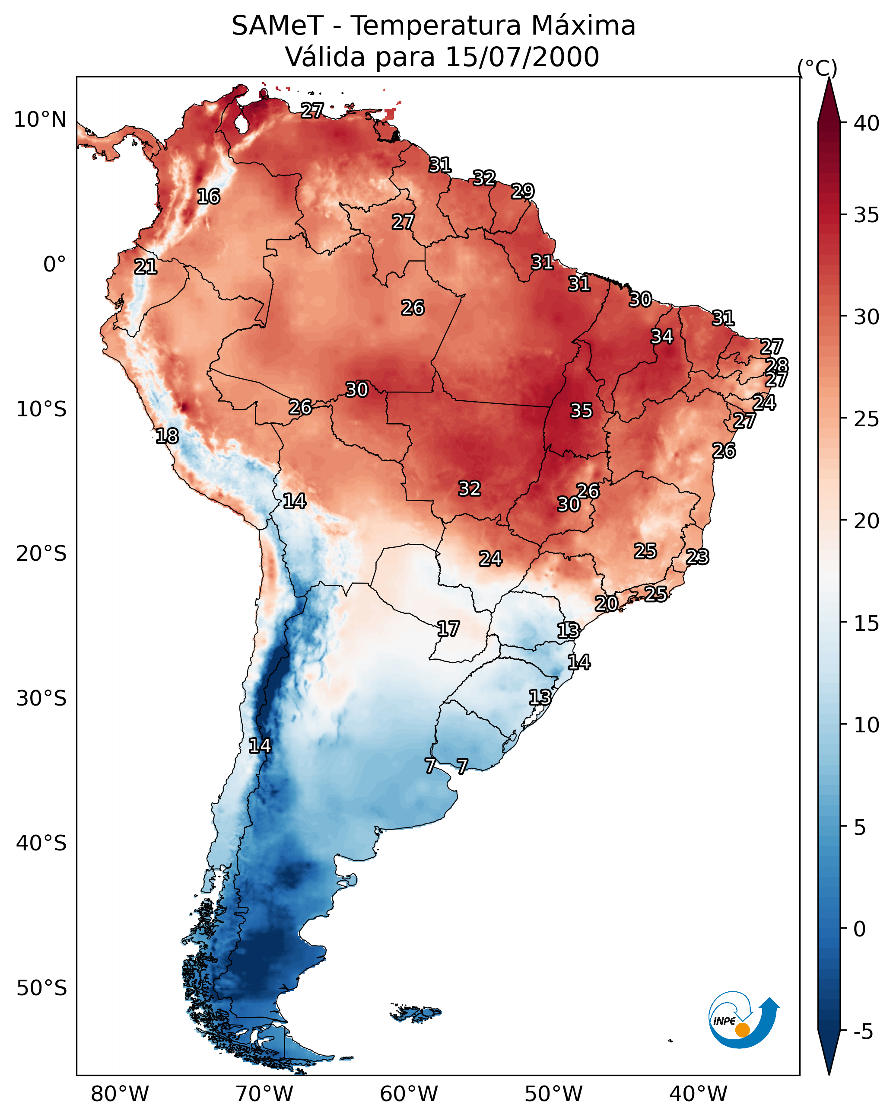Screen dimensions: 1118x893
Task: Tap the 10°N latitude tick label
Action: pyautogui.click(x=40, y=120)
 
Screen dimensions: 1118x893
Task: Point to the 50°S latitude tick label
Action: pyautogui.click(x=41, y=988)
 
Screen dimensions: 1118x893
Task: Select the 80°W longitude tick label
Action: pyautogui.click(x=120, y=1094)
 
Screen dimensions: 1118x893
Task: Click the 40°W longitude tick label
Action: pyautogui.click(x=698, y=1094)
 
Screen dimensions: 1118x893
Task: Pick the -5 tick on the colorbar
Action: pyautogui.click(x=863, y=1032)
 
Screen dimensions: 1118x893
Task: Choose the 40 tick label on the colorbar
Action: pyautogui.click(x=867, y=123)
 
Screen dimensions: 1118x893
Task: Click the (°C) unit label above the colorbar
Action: pyautogui.click(x=817, y=68)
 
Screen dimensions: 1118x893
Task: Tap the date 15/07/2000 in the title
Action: pyautogui.click(x=522, y=57)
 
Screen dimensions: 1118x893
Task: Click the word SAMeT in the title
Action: pyautogui.click(x=277, y=26)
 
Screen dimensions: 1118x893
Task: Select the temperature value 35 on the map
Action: pyautogui.click(x=581, y=411)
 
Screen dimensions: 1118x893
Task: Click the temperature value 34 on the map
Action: pyautogui.click(x=662, y=336)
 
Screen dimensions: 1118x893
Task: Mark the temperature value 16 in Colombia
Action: pyautogui.click(x=208, y=197)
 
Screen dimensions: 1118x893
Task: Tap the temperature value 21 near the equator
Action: pyautogui.click(x=145, y=267)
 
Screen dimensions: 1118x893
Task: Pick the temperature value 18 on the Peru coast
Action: pyautogui.click(x=167, y=436)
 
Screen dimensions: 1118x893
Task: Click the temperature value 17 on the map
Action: pyautogui.click(x=448, y=629)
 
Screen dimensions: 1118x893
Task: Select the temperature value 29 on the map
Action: pyautogui.click(x=522, y=192)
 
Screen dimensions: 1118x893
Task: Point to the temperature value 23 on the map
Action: pyautogui.click(x=697, y=557)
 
